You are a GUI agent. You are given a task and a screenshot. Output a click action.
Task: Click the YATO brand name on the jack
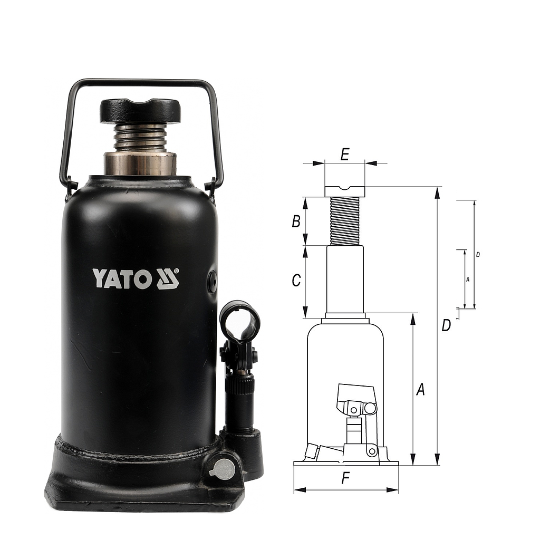click(x=122, y=278)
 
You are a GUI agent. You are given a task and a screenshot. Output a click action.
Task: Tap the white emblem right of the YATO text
click(x=168, y=278)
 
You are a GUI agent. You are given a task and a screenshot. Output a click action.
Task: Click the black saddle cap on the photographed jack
click(x=140, y=110)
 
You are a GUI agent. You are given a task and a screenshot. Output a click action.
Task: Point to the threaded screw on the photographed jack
click(x=140, y=138)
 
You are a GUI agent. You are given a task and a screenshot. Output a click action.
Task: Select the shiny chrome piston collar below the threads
click(x=140, y=163)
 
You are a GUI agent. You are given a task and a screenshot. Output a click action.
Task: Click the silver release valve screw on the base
click(x=224, y=469)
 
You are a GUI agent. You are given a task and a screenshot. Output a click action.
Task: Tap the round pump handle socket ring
click(x=240, y=321)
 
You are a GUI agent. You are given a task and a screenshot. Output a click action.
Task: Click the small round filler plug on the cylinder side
click(x=212, y=282)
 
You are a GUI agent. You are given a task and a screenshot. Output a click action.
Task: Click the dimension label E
click(x=345, y=154)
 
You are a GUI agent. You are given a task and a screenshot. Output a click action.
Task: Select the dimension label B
click(x=296, y=221)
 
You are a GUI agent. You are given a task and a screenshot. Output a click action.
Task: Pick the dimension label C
click(x=296, y=281)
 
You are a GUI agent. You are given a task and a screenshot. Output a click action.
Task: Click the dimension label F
click(x=346, y=478)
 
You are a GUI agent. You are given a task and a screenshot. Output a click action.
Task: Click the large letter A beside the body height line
click(x=420, y=390)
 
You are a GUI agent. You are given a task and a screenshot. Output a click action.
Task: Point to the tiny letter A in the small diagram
click(x=468, y=279)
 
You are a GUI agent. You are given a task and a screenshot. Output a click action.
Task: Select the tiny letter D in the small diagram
click(x=478, y=254)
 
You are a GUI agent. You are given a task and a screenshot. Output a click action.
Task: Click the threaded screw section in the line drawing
click(x=345, y=221)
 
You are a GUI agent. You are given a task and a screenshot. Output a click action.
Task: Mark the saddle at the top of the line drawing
click(x=345, y=191)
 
